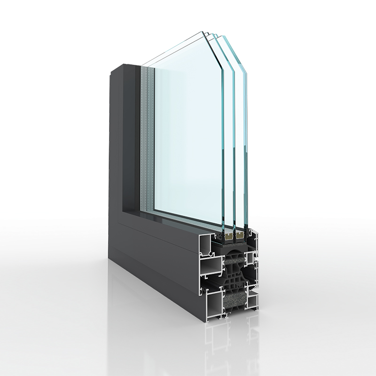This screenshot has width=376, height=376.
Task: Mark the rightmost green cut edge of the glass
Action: [244, 141]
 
